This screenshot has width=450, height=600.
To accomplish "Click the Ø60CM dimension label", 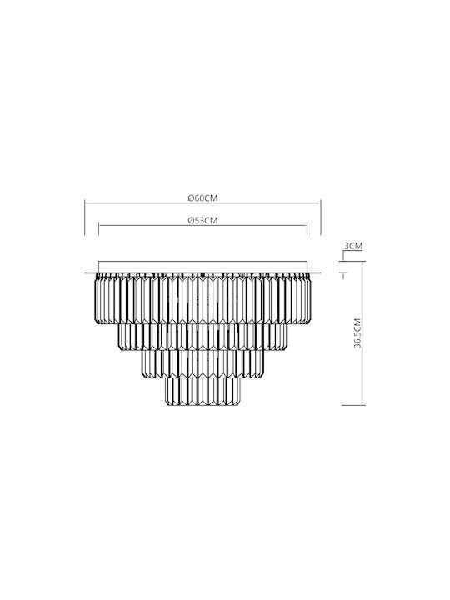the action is click(202, 197).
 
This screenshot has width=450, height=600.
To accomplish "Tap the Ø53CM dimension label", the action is click(202, 220).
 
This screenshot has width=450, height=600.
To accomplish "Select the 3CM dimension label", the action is click(353, 246).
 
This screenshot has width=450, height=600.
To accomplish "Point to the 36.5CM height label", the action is click(357, 332).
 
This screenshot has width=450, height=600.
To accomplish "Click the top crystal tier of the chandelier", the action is click(202, 299).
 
